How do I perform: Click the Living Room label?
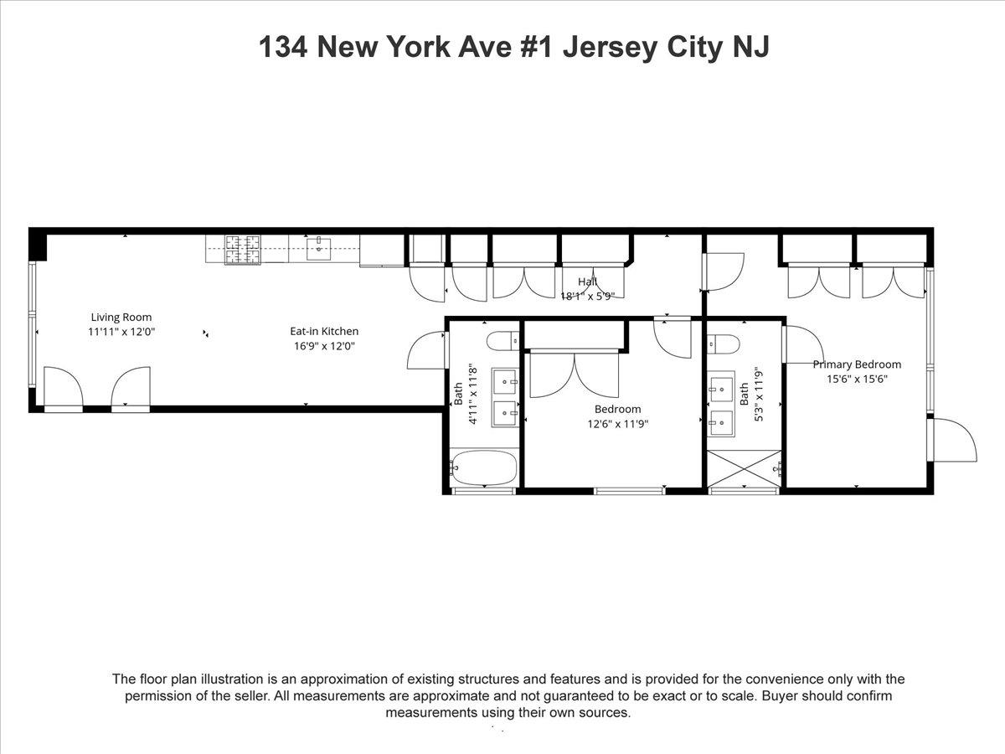point(121,317)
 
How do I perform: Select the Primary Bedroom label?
point(857,364)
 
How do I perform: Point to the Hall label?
point(588,281)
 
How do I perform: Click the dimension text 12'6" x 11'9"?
point(617,424)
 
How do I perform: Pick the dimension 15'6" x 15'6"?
point(857,379)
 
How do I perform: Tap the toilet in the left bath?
point(503,340)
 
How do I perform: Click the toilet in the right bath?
point(721,345)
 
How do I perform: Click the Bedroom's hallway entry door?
point(672,336)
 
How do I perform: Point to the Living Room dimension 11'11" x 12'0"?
point(121,331)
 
